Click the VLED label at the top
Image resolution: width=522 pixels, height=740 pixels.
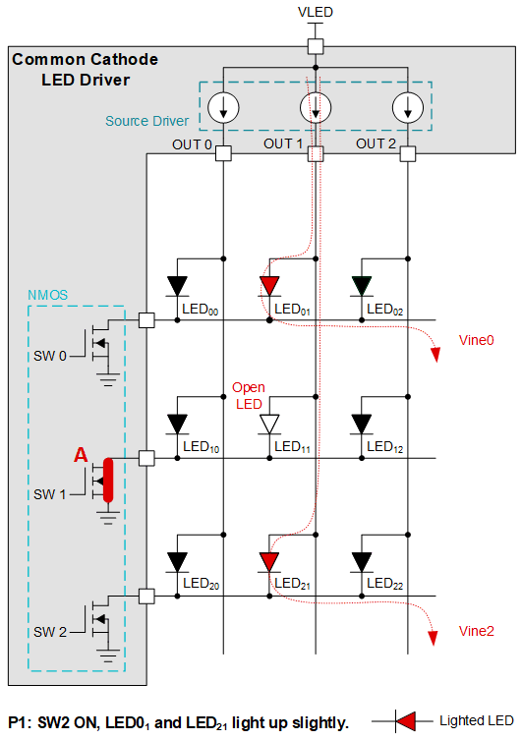316,12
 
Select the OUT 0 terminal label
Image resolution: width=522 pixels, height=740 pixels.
193,144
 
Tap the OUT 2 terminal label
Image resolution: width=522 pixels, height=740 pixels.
376,144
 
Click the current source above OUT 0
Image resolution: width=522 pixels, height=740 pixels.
223,107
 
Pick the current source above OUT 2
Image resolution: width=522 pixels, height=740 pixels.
407,107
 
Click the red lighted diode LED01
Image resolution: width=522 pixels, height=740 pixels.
269,286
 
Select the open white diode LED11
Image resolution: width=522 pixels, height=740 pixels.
269,425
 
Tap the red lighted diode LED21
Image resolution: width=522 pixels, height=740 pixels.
269,562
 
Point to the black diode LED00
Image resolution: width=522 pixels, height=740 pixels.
178,286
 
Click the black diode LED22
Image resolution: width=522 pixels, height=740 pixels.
362,562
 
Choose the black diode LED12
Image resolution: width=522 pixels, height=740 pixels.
362,425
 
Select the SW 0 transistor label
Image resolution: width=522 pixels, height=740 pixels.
49,356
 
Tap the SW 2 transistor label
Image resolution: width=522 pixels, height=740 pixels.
49,631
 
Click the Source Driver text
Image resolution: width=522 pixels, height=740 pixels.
147,122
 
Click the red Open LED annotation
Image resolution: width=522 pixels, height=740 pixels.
248,395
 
